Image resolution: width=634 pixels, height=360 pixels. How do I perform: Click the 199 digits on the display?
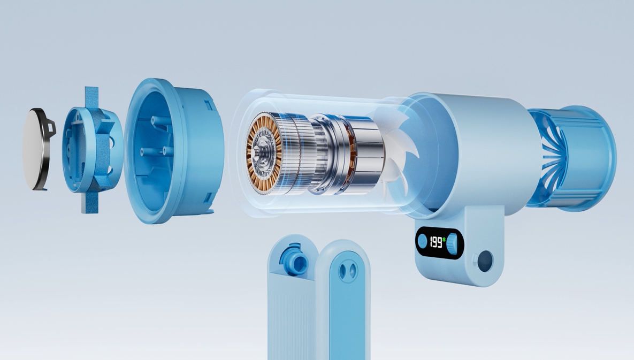(x=436, y=242)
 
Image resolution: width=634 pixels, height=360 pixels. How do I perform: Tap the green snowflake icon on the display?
(x=444, y=240)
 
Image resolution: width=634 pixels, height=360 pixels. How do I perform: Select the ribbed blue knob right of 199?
(x=452, y=243)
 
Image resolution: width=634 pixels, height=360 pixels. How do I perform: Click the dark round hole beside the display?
(x=485, y=261)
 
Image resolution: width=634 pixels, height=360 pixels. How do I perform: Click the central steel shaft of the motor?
(x=257, y=153)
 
